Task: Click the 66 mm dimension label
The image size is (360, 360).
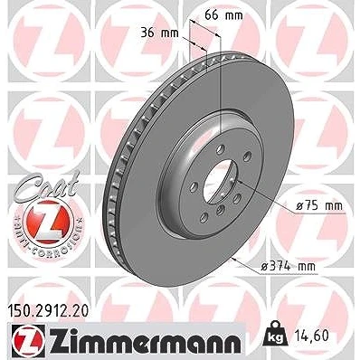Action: click(x=223, y=14)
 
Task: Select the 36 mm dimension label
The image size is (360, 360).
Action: click(x=160, y=33)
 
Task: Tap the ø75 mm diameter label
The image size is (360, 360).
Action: click(x=319, y=206)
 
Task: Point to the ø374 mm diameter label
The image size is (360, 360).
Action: click(x=288, y=266)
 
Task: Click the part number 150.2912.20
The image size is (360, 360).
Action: click(x=47, y=311)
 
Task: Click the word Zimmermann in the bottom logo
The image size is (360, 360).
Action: click(x=145, y=340)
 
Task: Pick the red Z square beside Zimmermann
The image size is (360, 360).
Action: click(x=29, y=340)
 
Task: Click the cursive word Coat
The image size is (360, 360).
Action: click(x=47, y=185)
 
